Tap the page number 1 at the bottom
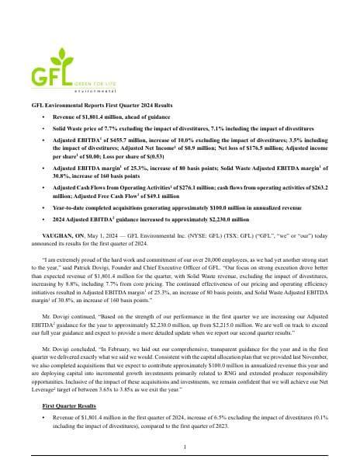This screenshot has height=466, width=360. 180,447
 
